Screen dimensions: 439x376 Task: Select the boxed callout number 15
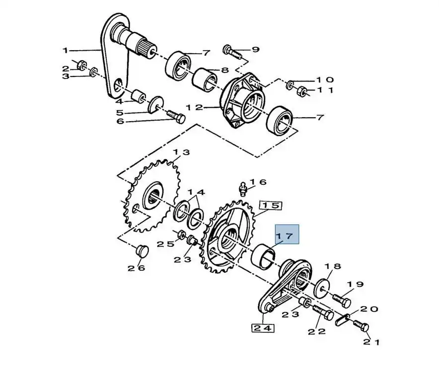point(271,206)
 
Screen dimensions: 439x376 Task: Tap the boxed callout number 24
point(263,328)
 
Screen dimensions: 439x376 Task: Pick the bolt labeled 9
point(232,52)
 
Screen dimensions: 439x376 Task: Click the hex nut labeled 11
point(301,91)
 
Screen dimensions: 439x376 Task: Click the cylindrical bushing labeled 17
point(264,256)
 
